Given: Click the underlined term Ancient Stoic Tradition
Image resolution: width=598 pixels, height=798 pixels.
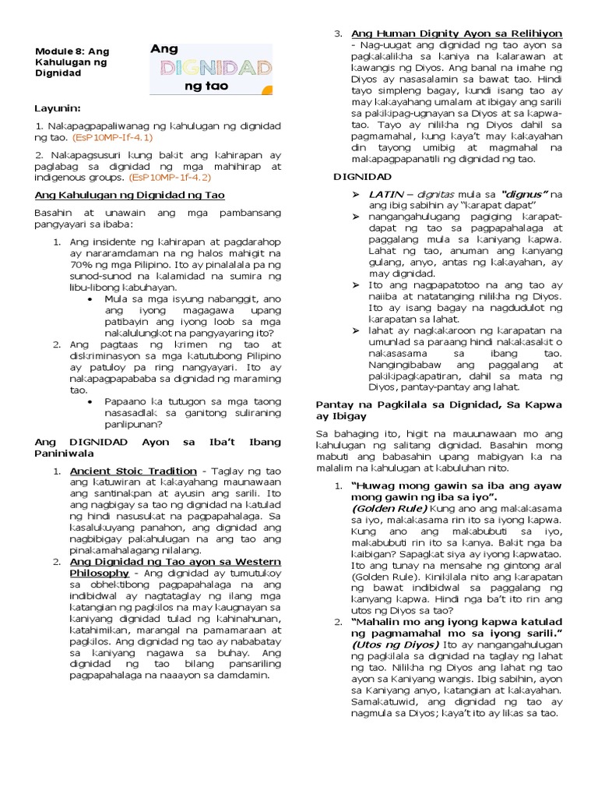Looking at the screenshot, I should pyautogui.click(x=133, y=471).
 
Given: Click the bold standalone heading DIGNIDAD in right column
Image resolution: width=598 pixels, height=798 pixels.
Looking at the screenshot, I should pyautogui.click(x=340, y=178).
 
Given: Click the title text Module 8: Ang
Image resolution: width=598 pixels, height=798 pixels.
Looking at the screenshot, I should pyautogui.click(x=72, y=51).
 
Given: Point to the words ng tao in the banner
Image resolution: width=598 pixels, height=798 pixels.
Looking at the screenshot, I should pyautogui.click(x=206, y=87).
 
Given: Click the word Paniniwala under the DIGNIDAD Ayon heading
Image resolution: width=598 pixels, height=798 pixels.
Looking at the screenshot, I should pyautogui.click(x=64, y=452).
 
